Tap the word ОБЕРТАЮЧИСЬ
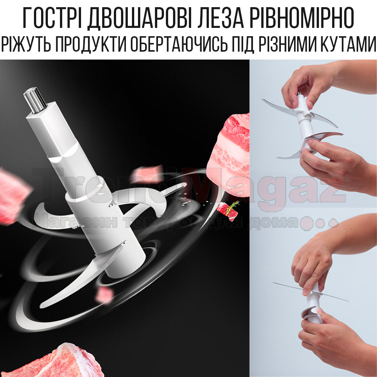point(179,44)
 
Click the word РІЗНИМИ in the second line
point(287,44)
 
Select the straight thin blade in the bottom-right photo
point(311,292)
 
